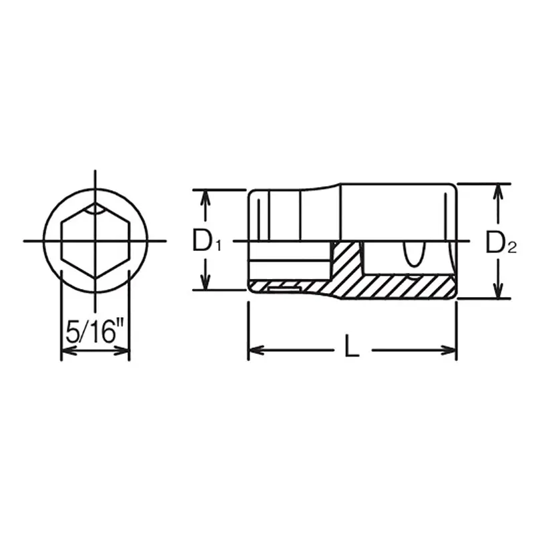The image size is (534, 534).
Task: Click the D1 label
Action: click(x=206, y=240)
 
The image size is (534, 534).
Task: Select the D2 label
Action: click(x=501, y=242)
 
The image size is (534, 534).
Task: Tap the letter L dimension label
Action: click(x=352, y=346)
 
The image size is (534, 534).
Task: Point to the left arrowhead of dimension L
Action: click(x=256, y=350)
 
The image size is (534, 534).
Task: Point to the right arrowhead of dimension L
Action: click(x=448, y=350)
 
